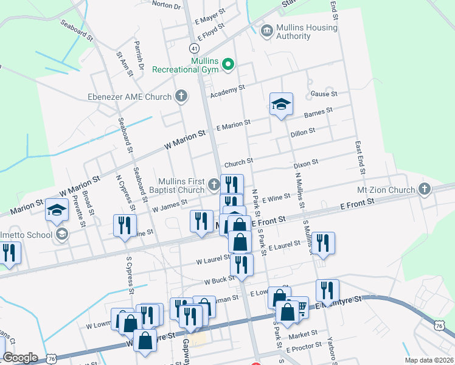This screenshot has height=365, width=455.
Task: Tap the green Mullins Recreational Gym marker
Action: (229, 64)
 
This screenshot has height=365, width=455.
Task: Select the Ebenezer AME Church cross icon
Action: (181, 96)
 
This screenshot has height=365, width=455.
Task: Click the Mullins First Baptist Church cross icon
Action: (213, 184)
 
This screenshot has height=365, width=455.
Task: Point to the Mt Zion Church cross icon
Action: (425, 189)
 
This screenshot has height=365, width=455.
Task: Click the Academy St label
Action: (227, 92)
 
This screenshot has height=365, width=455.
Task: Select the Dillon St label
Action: (302, 131)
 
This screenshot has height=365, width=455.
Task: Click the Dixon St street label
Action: (306, 163)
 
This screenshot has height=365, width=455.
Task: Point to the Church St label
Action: (238, 163)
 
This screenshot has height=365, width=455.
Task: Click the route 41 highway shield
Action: (193, 47)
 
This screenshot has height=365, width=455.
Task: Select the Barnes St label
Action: (318, 112)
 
